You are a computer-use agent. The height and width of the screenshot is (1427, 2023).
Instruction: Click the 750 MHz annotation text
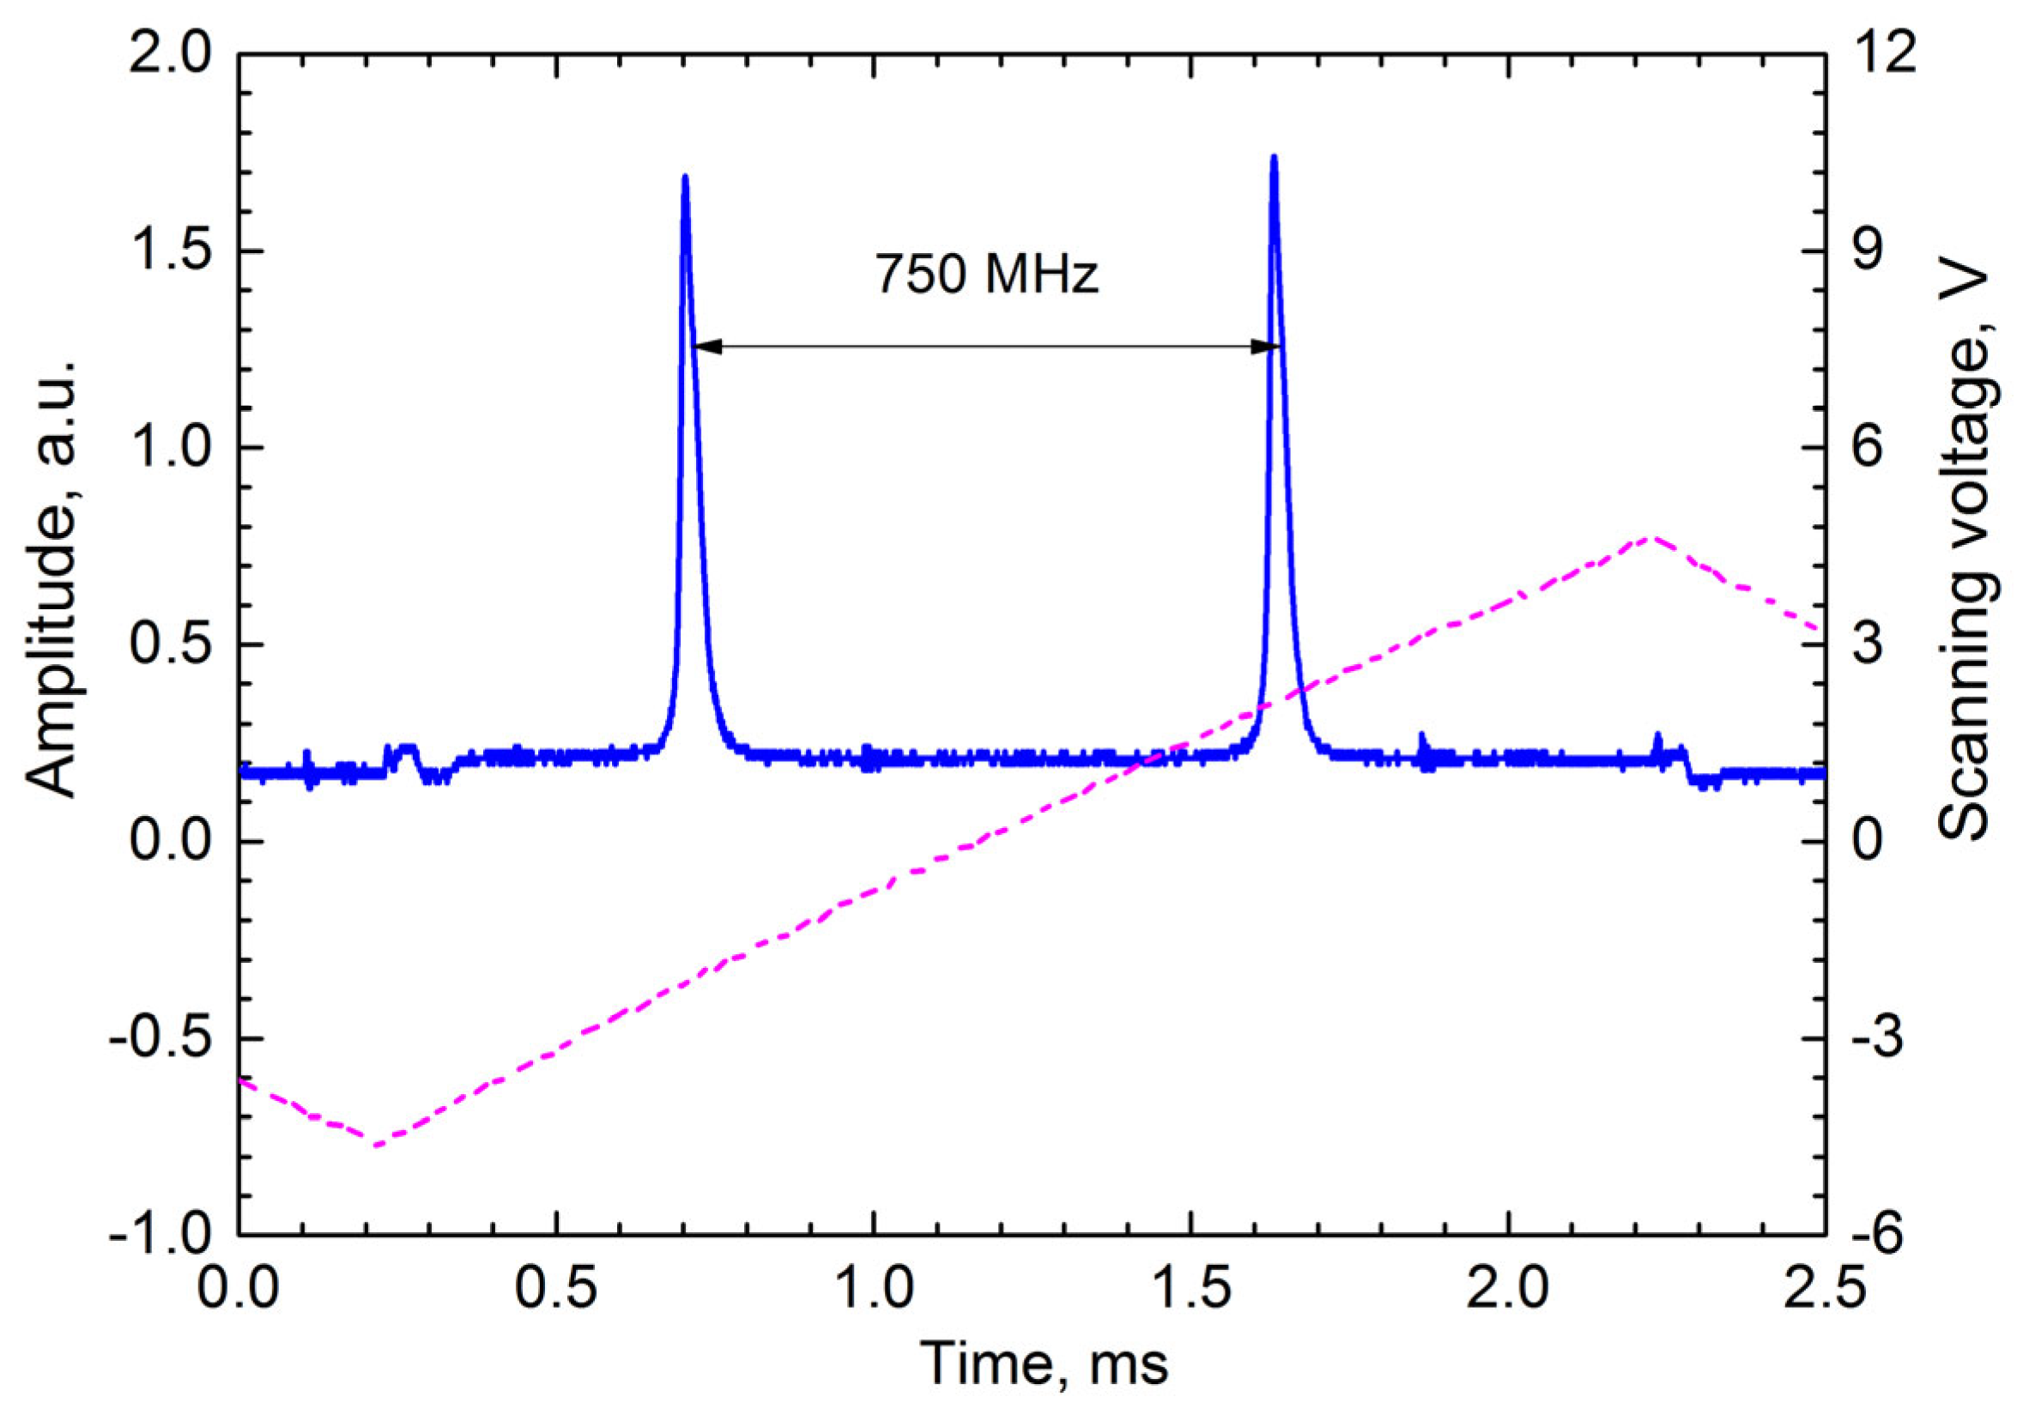(x=987, y=275)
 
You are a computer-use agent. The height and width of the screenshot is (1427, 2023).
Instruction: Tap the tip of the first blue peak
(x=686, y=177)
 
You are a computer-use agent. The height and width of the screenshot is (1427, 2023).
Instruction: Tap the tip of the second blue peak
(x=1273, y=158)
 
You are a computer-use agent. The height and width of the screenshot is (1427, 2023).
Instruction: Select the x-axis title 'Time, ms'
(x=1047, y=1364)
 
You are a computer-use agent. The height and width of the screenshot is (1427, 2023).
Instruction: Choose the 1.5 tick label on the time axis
(x=1190, y=1289)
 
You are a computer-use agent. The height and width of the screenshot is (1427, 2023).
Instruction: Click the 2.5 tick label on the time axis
(x=1824, y=1289)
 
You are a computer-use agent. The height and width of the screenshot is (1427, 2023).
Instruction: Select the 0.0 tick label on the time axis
(x=239, y=1289)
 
